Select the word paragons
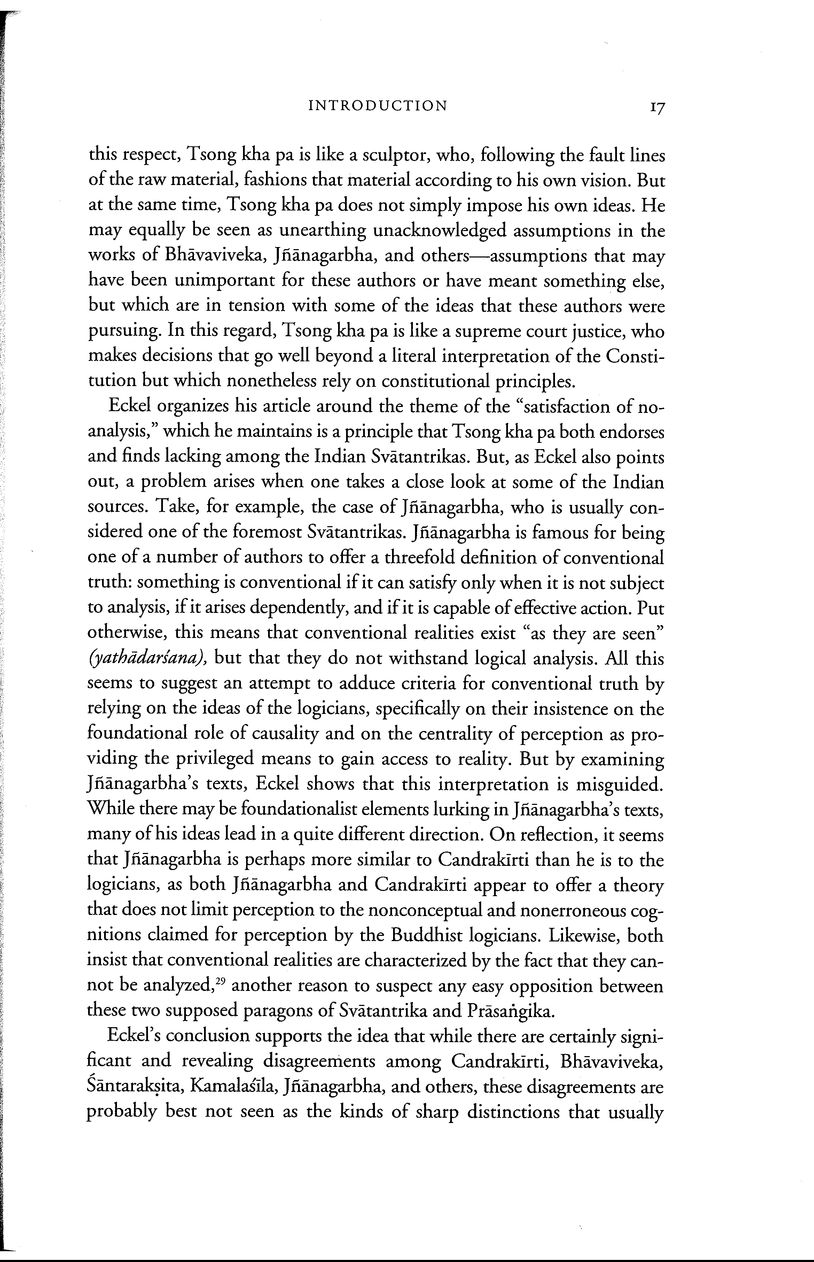(x=276, y=1012)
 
